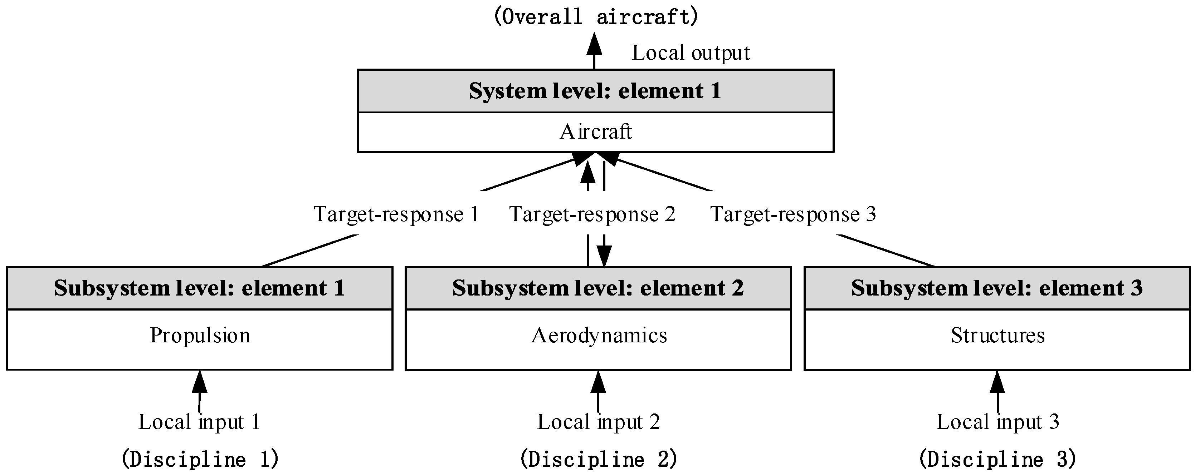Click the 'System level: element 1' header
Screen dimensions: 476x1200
click(595, 91)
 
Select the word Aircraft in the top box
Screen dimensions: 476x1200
click(595, 132)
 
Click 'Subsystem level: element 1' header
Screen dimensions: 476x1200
click(199, 288)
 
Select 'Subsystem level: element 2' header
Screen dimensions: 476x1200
click(598, 288)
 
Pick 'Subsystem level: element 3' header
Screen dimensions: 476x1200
click(997, 288)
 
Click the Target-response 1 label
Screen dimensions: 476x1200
click(396, 214)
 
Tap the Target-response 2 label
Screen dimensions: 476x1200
click(592, 214)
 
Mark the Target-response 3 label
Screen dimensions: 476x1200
click(793, 214)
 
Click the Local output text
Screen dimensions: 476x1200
click(691, 53)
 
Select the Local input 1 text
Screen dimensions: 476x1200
click(199, 422)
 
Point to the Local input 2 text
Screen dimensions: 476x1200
click(598, 422)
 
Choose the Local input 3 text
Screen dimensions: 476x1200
click(997, 422)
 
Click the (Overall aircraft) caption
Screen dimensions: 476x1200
click(595, 17)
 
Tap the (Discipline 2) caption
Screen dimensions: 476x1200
click(598, 459)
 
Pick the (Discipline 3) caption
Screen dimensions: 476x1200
click(997, 459)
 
